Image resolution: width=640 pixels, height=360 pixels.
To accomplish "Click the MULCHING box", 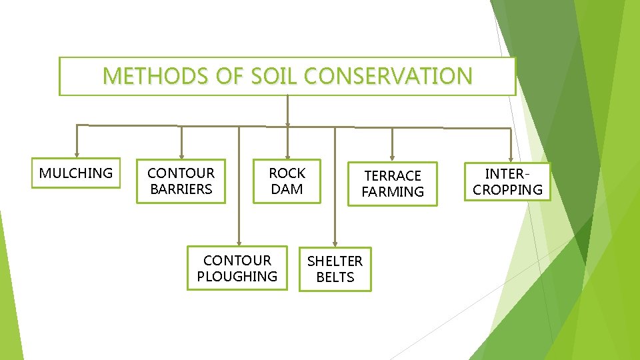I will [x=76, y=173].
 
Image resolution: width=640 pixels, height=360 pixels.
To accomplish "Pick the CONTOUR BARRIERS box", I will [x=181, y=181].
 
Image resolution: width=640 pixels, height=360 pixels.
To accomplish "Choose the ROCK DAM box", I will [x=287, y=181].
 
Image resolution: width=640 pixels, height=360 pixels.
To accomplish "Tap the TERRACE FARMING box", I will [x=393, y=183].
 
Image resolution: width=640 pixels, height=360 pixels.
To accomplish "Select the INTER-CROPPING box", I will [x=508, y=181].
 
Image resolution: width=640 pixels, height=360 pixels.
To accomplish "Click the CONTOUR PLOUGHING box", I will [x=237, y=268].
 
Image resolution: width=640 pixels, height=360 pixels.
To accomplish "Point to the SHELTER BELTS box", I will [x=335, y=269].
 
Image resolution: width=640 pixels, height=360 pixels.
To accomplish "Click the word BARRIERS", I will [x=181, y=189].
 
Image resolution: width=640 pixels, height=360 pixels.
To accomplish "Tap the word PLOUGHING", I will [x=237, y=277].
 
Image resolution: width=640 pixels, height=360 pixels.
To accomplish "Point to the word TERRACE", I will [x=393, y=175].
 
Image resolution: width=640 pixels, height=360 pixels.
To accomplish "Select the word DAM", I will [x=287, y=189].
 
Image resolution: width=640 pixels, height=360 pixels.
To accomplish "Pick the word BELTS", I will [x=335, y=277].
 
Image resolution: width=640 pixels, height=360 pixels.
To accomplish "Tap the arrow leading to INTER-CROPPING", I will [x=511, y=145].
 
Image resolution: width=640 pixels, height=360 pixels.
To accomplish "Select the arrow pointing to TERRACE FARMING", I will [x=392, y=145].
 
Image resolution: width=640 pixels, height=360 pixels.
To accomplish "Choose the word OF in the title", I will [x=222, y=76].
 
